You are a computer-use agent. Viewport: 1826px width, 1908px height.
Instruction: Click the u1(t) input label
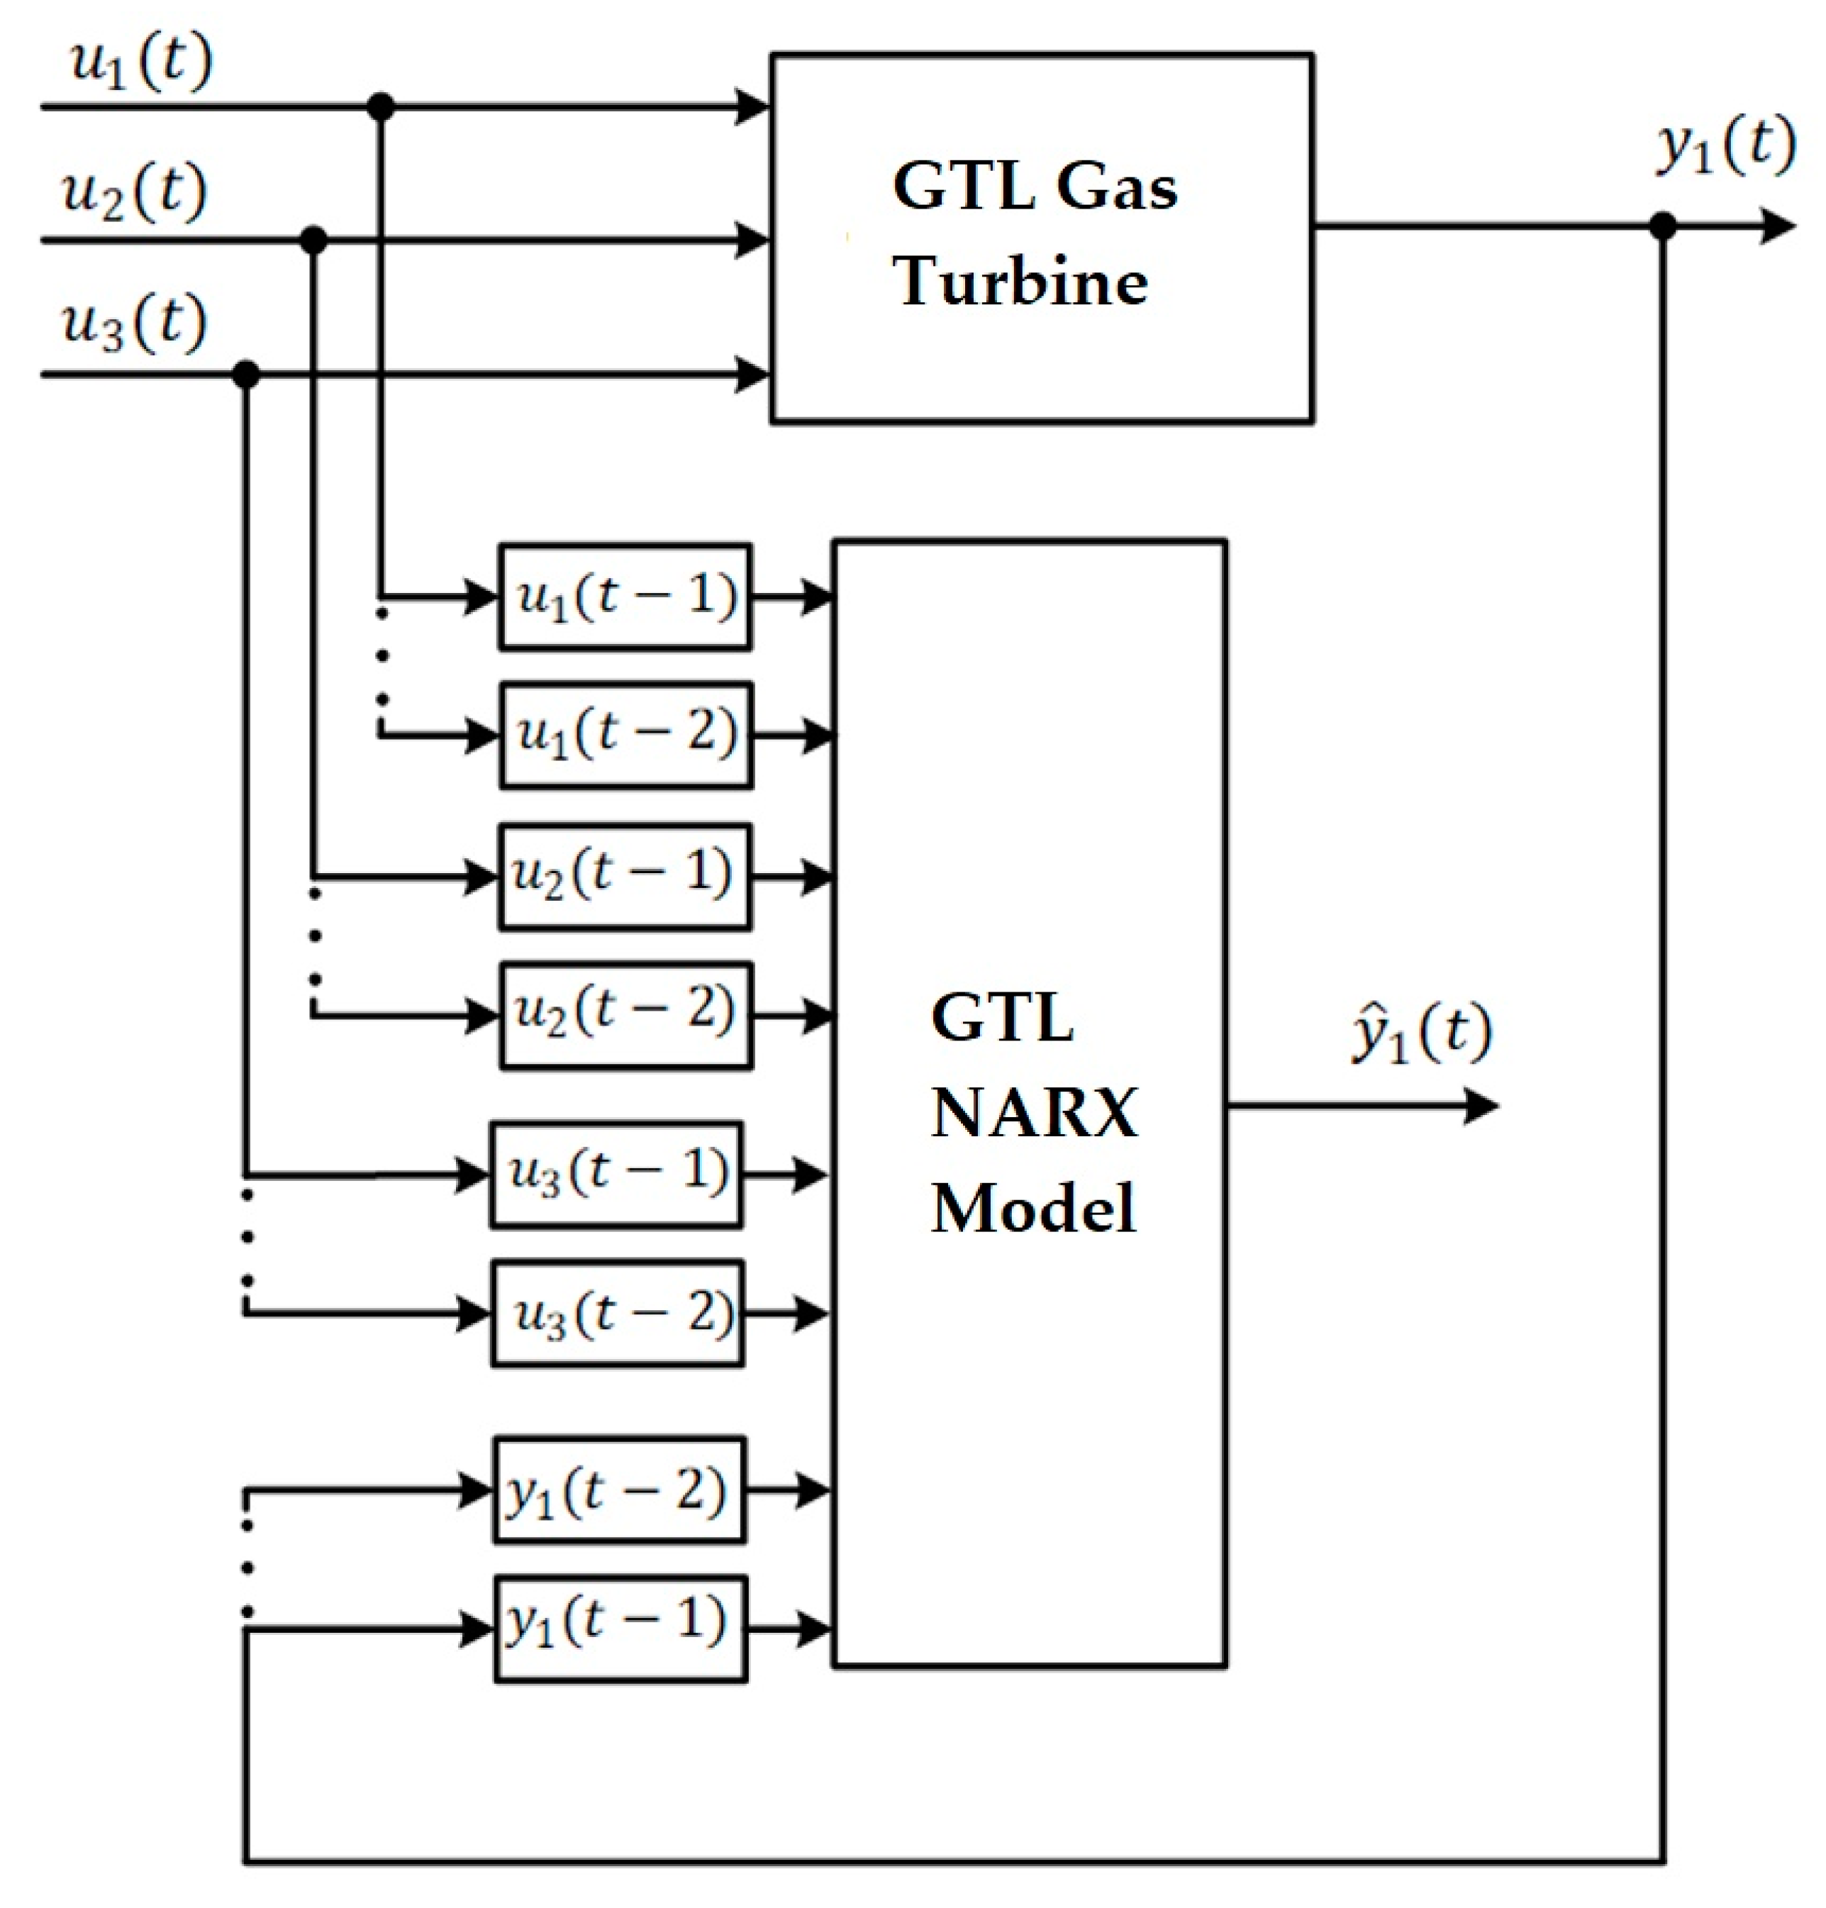point(141,63)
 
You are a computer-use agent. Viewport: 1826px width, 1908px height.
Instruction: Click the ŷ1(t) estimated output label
point(1421,1034)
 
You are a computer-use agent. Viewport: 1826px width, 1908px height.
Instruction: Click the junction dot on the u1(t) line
point(381,106)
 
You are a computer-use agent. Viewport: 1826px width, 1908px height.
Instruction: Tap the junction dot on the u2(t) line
point(313,240)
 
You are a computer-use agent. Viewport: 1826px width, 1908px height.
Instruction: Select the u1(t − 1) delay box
point(625,597)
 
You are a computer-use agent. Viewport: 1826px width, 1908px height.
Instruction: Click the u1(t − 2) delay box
point(626,735)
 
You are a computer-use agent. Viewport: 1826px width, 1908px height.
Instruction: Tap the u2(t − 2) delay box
point(626,1015)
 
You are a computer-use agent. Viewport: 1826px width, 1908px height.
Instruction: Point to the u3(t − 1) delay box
point(617,1175)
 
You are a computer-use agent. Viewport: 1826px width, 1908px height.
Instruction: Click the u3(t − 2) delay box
point(618,1314)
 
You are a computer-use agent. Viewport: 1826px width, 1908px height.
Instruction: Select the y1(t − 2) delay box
point(620,1490)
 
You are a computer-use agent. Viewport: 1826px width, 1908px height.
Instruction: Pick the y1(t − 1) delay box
point(621,1629)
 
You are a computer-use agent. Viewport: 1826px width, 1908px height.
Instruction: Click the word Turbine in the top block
point(1020,282)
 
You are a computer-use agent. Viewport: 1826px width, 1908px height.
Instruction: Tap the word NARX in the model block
point(1034,1111)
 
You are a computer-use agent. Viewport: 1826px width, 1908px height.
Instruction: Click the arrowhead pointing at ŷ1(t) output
point(1481,1106)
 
